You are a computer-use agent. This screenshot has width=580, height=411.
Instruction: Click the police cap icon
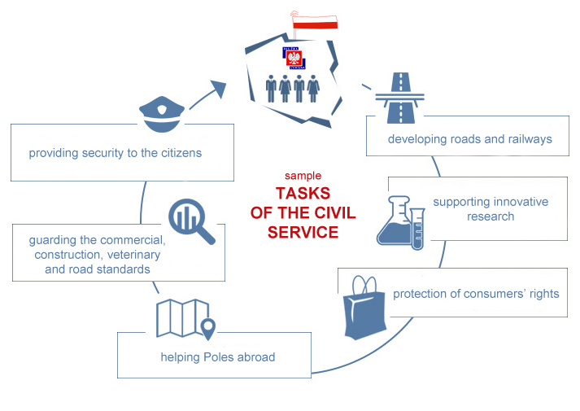click(162, 114)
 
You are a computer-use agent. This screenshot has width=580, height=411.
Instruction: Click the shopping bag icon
click(364, 308)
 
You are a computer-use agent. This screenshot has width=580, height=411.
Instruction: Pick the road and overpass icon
click(400, 98)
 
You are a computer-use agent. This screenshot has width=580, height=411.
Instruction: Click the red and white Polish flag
click(315, 22)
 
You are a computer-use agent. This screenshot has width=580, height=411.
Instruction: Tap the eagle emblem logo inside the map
click(294, 58)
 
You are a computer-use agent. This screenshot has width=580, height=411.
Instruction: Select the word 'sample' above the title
click(303, 175)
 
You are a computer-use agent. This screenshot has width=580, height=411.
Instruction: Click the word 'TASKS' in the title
click(303, 194)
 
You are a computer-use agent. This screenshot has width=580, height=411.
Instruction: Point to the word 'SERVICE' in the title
click(303, 232)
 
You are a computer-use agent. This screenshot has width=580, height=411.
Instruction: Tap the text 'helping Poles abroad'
click(218, 357)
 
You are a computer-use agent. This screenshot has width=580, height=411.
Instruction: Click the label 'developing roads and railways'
click(469, 139)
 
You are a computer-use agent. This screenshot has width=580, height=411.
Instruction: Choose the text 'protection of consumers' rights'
click(476, 294)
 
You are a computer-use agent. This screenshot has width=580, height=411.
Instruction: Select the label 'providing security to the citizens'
click(116, 153)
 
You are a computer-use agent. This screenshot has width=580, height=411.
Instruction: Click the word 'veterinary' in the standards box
click(134, 255)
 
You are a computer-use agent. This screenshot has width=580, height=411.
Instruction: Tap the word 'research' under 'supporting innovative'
click(491, 216)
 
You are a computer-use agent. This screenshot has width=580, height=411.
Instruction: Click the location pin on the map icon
click(208, 329)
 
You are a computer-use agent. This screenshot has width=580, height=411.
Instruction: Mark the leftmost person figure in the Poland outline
click(271, 89)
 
